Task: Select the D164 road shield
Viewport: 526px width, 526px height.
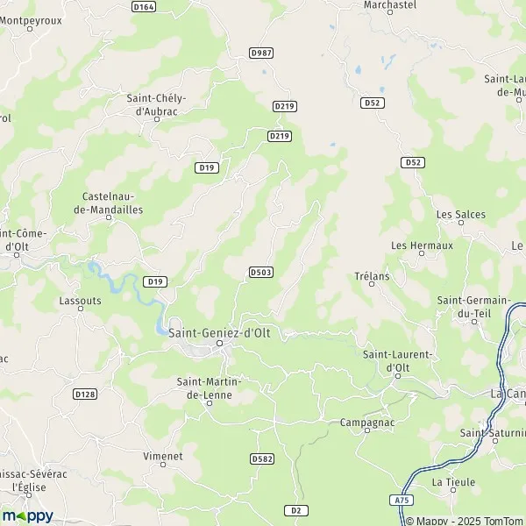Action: pos(144,6)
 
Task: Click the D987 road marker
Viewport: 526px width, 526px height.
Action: pos(261,53)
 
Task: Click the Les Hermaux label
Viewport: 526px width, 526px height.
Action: pos(422,245)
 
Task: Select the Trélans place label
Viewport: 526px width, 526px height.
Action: pos(372,276)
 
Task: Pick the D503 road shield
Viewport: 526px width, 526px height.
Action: pos(260,273)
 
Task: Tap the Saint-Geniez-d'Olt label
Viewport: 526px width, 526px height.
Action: pos(219,332)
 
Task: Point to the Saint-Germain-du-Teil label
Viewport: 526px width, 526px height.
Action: pos(473,306)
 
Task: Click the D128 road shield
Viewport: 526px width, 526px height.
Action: pos(85,394)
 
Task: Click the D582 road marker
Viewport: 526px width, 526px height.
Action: pos(261,458)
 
